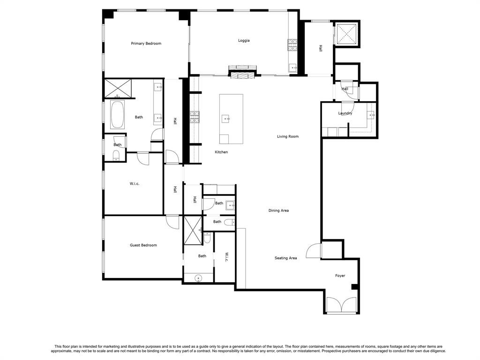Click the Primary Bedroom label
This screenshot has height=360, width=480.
pyautogui.click(x=146, y=44)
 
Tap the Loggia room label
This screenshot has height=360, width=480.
pyautogui.click(x=244, y=40)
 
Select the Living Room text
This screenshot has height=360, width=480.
pyautogui.click(x=287, y=136)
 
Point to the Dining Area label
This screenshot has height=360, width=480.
pyautogui.click(x=278, y=210)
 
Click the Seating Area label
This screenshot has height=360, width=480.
pyautogui.click(x=285, y=258)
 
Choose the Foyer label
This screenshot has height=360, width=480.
pyautogui.click(x=340, y=276)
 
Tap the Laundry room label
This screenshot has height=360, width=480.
pyautogui.click(x=345, y=113)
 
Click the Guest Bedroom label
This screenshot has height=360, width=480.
pyautogui.click(x=143, y=245)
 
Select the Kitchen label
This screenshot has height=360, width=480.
pyautogui.click(x=221, y=152)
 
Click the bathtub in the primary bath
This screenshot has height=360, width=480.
pyautogui.click(x=117, y=115)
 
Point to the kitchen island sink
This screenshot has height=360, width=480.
pyautogui.click(x=226, y=119)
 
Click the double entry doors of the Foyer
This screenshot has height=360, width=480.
pyautogui.click(x=342, y=306)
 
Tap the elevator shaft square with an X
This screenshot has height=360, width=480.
pyautogui.click(x=347, y=34)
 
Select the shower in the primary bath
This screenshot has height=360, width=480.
pyautogui.click(x=118, y=89)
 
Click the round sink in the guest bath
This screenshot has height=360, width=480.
pyautogui.click(x=198, y=278)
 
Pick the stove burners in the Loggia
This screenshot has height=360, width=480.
pyautogui.click(x=293, y=45)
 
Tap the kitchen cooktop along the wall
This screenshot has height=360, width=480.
pyautogui.click(x=195, y=117)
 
